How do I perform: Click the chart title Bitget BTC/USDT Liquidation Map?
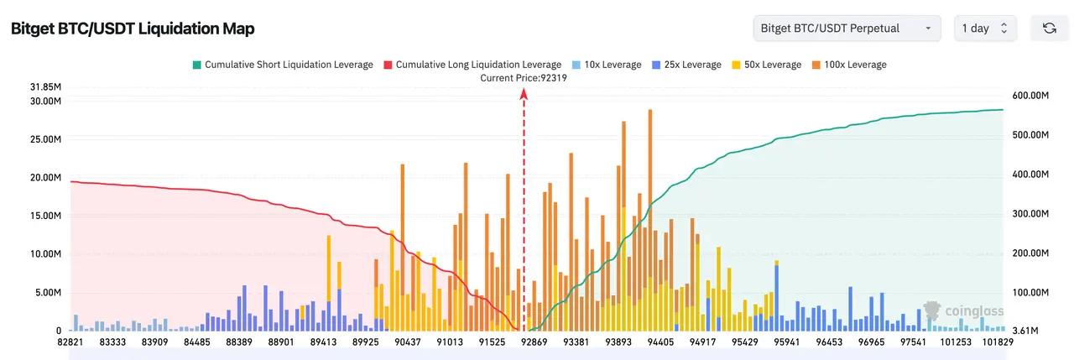point(133,29)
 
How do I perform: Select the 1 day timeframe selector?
point(985,28)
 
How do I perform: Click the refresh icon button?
point(1049,28)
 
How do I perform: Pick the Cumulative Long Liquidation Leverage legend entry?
point(472,65)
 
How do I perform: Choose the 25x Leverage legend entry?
point(686,65)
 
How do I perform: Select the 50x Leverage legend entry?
point(767,65)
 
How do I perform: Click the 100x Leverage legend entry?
point(850,65)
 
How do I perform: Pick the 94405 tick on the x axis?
point(660,342)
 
